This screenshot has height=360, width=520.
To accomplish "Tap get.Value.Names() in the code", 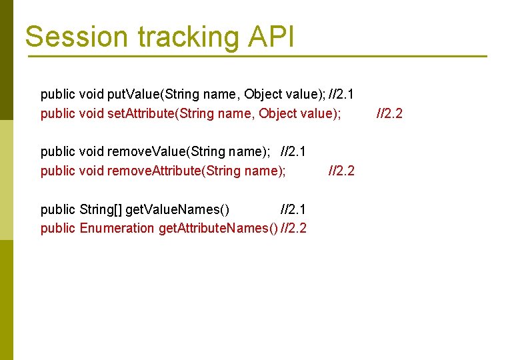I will coord(178,209).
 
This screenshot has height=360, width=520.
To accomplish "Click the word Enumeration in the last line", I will coord(117,229).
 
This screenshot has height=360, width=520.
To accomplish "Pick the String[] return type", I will coord(101,209).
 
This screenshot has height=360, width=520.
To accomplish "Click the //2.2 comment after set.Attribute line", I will coord(389,114).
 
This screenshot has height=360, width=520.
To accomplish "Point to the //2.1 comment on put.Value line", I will coord(341,95).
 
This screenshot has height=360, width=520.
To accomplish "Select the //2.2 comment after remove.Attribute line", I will coord(342,171).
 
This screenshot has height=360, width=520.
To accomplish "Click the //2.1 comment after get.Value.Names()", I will coord(294,209).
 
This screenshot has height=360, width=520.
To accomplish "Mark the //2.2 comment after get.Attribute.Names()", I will coord(294,229).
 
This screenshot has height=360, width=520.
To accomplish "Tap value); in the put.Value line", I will coord(306,95).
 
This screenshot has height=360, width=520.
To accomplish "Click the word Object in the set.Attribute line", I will coord(277,114).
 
